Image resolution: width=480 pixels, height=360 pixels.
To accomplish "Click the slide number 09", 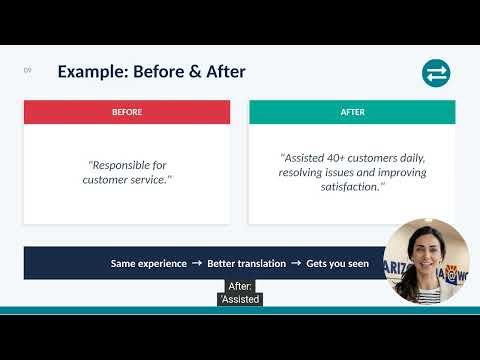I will pos(27,70).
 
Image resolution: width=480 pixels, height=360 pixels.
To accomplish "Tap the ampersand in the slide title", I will pos(193,72).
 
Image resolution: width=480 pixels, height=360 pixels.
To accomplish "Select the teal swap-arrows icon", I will pos(436,73).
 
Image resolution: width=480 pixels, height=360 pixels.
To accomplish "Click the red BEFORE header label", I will pos(126,112).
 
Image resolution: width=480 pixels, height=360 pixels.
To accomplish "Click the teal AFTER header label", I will pos(352,112).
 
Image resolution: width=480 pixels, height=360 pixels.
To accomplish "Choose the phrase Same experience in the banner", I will pos(149,264).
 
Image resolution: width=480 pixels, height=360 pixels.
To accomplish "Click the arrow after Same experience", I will pos(197,264).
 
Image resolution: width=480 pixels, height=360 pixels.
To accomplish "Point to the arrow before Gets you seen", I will pos(296,264).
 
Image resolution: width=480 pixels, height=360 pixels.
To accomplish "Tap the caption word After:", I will pos(240,286).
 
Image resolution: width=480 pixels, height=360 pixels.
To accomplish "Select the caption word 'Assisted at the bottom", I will pos(240,298).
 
